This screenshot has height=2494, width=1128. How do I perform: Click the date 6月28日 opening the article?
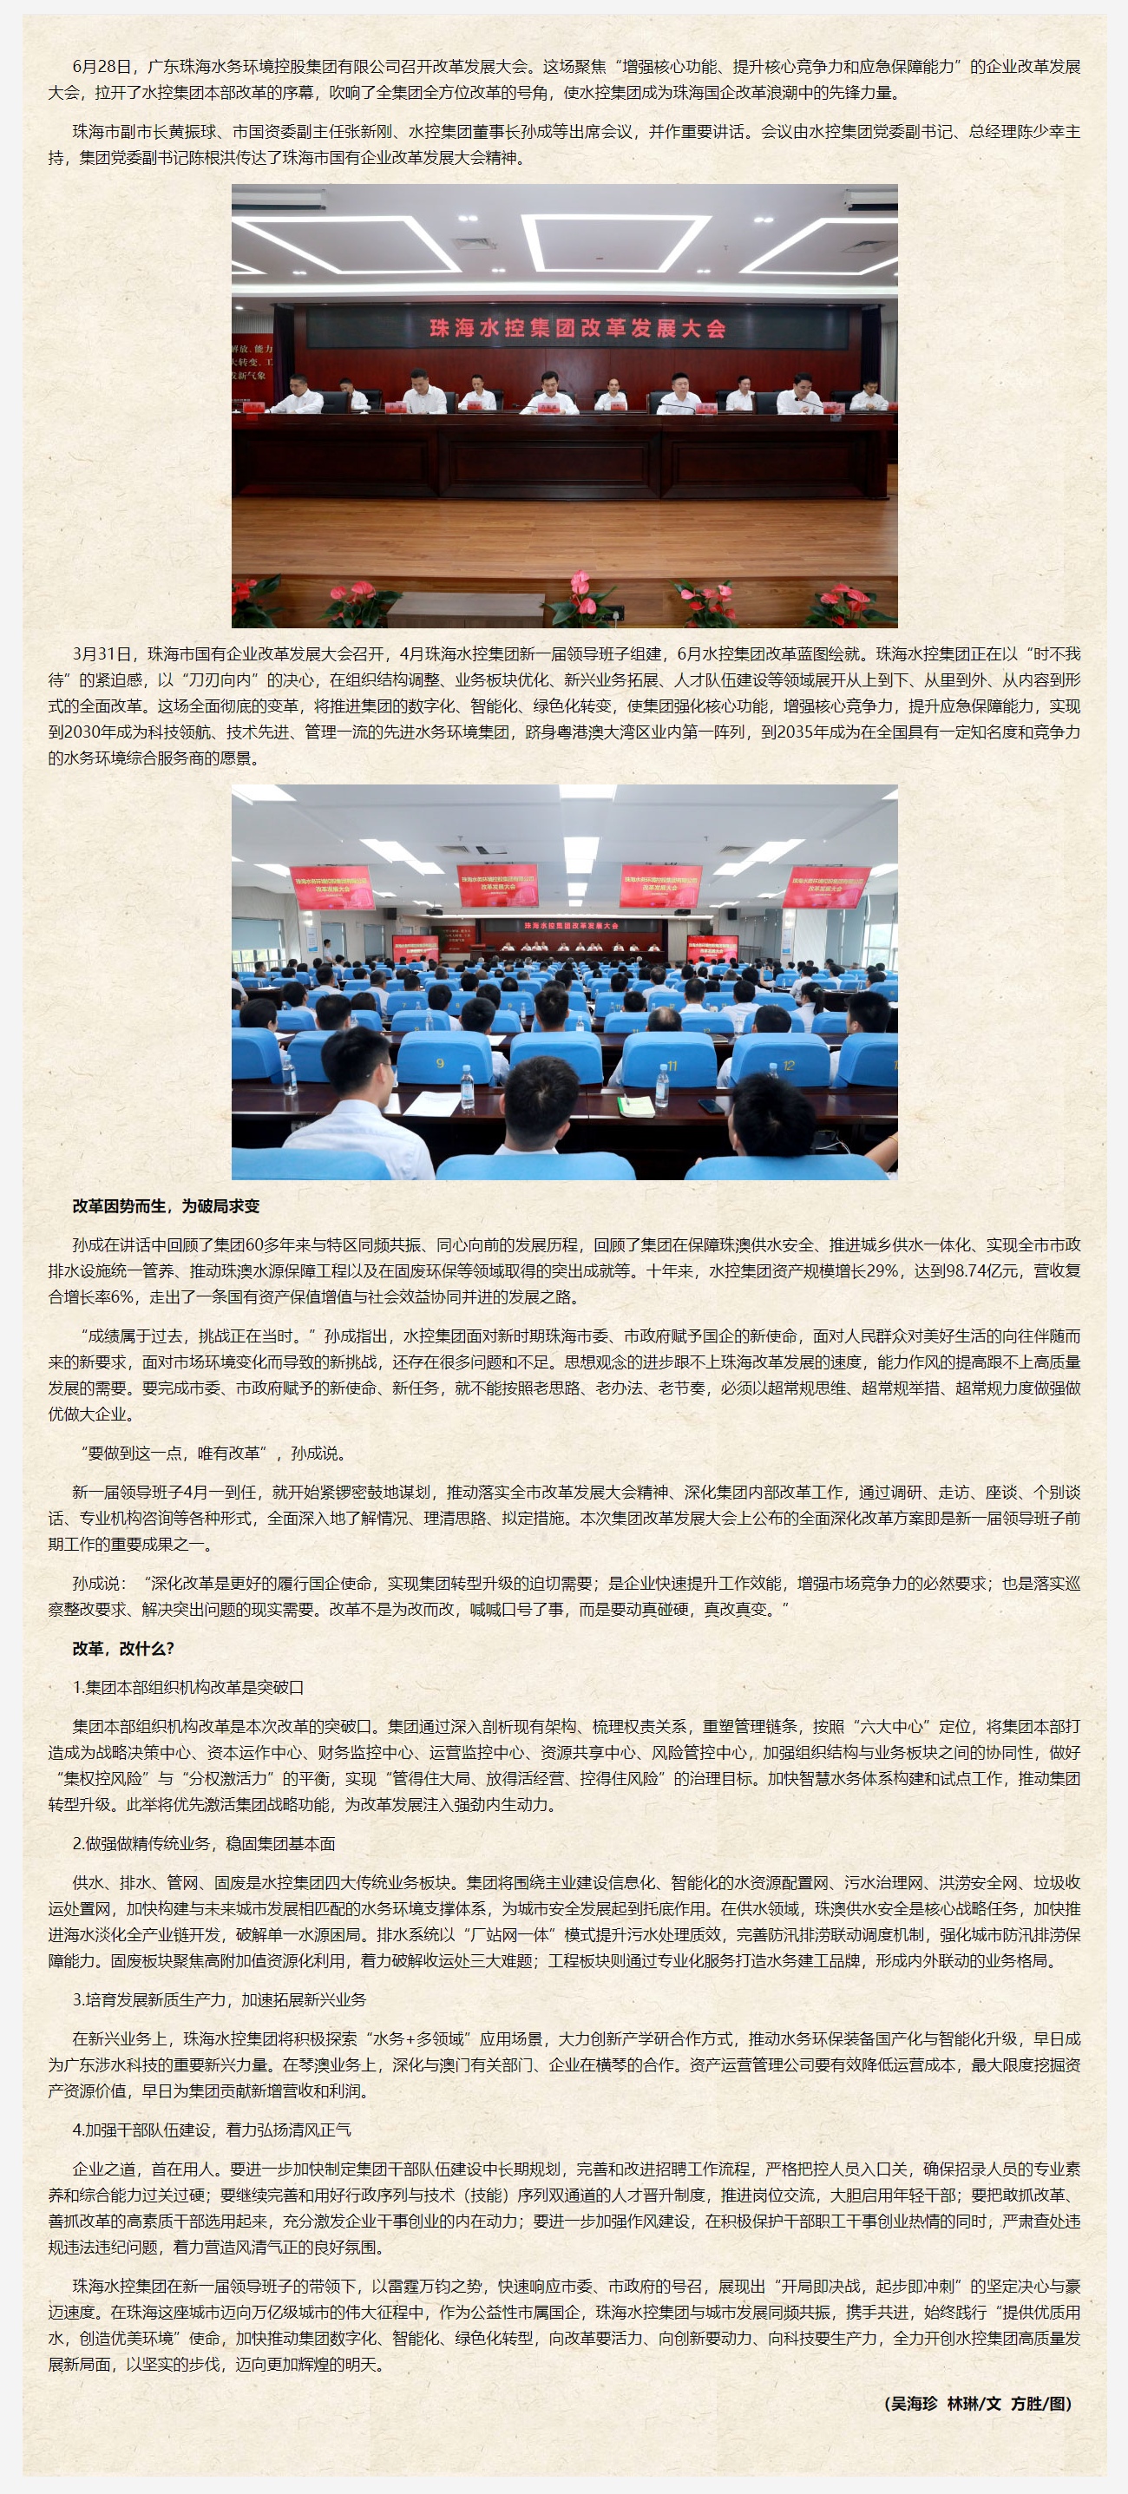tap(101, 67)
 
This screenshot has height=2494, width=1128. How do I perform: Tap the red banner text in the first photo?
tap(577, 328)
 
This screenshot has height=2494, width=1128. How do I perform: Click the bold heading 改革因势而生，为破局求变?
tap(166, 1206)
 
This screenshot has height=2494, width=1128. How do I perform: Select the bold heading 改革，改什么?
tap(123, 1649)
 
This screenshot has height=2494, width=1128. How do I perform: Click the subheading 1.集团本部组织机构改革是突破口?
tap(187, 1688)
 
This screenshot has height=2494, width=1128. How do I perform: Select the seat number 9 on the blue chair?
tap(441, 1063)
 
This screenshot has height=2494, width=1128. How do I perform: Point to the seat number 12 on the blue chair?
tap(789, 1066)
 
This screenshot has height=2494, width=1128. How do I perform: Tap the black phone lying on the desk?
tap(710, 1105)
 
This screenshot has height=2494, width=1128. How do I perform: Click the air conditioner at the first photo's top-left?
tap(278, 200)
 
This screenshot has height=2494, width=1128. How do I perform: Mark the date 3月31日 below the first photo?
tap(101, 654)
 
